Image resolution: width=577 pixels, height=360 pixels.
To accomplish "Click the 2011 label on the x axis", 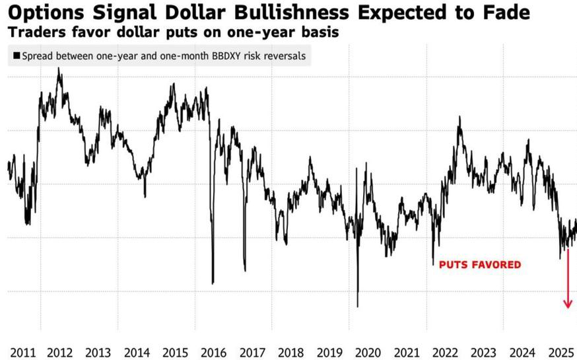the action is point(23,352).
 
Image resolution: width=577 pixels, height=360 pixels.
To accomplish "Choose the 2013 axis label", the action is point(98,352).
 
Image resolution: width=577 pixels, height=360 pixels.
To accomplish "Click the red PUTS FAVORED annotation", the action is point(480,265).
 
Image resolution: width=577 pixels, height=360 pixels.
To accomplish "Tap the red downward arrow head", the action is point(568,304).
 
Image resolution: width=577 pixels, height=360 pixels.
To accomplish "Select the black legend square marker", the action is point(17,55).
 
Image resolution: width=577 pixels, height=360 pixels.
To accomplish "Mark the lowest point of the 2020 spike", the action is point(357,306).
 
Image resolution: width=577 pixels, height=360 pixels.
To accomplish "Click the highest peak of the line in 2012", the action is point(59,69).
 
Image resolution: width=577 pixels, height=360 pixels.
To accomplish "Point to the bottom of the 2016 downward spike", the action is point(213,283).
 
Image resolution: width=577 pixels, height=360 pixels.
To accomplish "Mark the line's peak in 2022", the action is point(459,117).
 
